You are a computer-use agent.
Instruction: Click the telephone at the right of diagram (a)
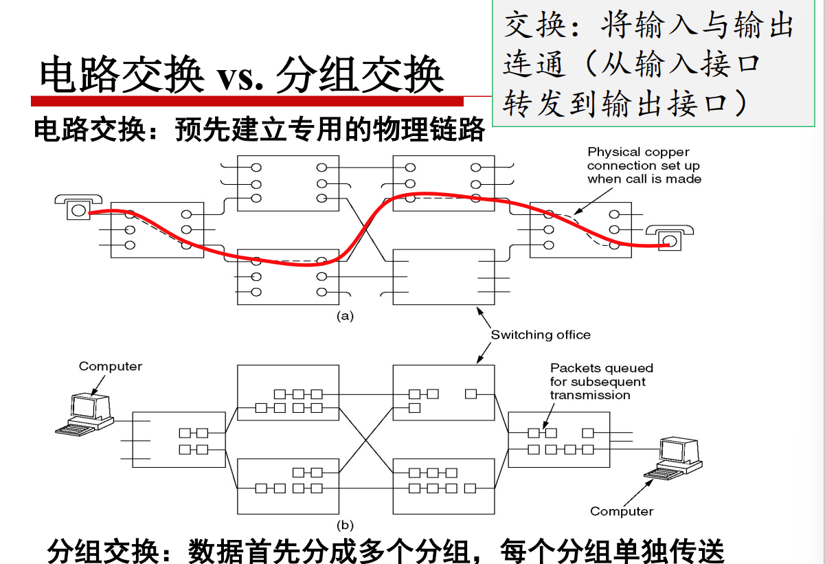click(x=670, y=238)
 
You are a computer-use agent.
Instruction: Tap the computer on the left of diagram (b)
click(x=84, y=414)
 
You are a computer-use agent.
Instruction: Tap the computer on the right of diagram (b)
click(x=673, y=458)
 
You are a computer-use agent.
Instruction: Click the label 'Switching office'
click(x=541, y=335)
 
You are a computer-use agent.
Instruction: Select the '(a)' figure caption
click(x=345, y=316)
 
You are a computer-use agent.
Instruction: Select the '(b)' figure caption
click(x=345, y=525)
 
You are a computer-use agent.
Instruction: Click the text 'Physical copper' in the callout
click(x=638, y=152)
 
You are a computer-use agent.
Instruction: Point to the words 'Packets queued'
click(x=602, y=368)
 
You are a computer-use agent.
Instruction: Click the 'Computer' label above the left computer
click(x=111, y=366)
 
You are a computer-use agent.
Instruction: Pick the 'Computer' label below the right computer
click(x=622, y=511)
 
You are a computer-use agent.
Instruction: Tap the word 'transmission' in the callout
click(x=590, y=395)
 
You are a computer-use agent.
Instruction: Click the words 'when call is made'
click(x=644, y=179)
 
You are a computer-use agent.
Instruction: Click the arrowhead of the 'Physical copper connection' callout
click(x=577, y=212)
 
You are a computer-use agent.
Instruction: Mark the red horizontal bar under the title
click(x=247, y=101)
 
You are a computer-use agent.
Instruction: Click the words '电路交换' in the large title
click(x=122, y=74)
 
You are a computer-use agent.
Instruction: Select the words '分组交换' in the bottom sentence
click(x=103, y=551)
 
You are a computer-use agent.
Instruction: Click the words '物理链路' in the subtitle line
click(x=429, y=129)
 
